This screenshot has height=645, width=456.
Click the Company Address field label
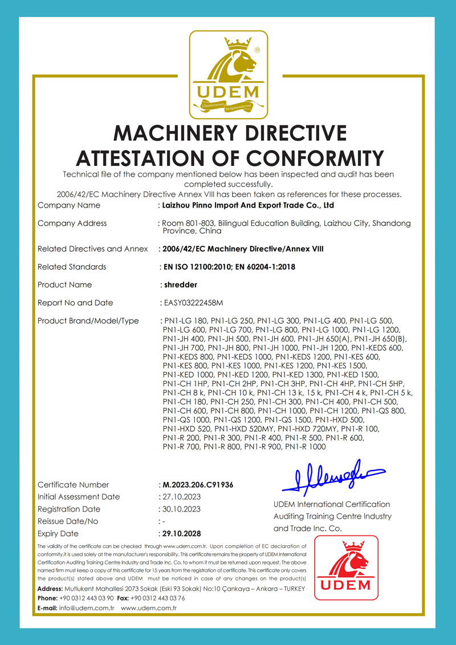click(x=72, y=223)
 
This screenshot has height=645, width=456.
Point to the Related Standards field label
click(x=72, y=266)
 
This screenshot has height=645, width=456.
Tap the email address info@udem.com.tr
click(x=87, y=609)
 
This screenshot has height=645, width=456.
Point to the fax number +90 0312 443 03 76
click(x=157, y=598)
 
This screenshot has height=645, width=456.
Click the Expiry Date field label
click(x=58, y=534)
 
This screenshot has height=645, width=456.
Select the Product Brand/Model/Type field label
click(x=88, y=321)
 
